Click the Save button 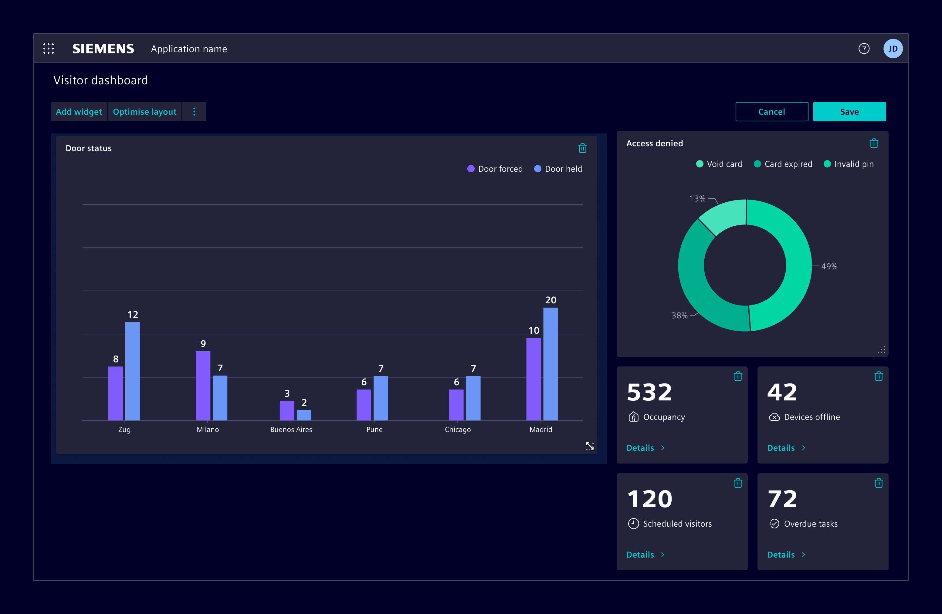(849, 112)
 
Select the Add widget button (79, 112)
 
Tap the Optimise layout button (144, 112)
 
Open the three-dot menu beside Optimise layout (194, 112)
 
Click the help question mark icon (864, 49)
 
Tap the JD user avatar (893, 49)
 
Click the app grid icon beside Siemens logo (49, 49)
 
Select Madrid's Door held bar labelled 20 (550, 364)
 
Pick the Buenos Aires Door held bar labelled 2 (304, 415)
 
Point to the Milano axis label (208, 429)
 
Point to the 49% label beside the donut (829, 266)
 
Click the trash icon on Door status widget (582, 148)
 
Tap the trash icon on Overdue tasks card (878, 483)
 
